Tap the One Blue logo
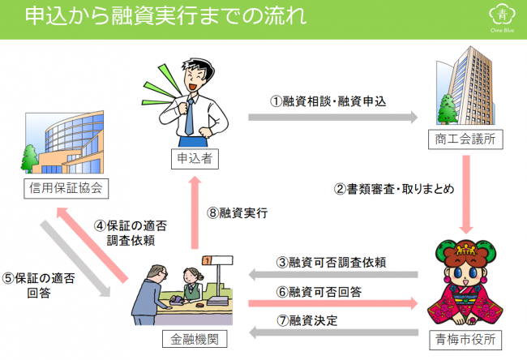click(500, 18)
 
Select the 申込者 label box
click(193, 158)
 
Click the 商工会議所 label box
click(465, 139)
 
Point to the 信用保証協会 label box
click(66, 189)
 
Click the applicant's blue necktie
click(188, 118)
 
